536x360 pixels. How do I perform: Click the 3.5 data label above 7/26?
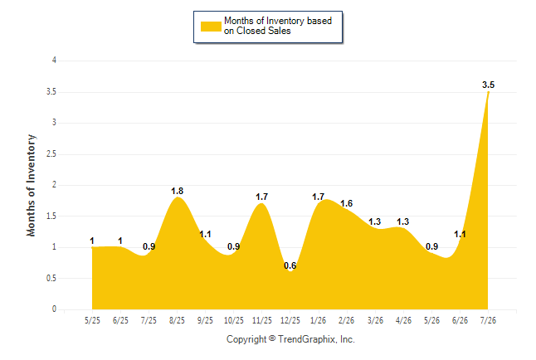tap(488, 85)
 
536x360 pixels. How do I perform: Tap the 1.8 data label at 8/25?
tap(177, 191)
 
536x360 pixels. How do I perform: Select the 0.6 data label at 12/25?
tap(290, 265)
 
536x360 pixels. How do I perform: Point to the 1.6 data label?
tap(346, 203)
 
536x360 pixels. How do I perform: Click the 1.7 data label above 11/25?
tap(262, 197)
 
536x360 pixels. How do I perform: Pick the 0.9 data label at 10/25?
tap(233, 246)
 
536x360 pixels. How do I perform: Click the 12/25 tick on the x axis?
tap(290, 320)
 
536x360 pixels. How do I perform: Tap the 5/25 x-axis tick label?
tap(92, 320)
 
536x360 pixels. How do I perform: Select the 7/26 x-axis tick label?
tap(488, 320)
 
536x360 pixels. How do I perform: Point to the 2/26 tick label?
tap(346, 320)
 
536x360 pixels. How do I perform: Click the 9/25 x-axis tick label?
tap(205, 320)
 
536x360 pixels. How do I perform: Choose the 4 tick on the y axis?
tap(54, 61)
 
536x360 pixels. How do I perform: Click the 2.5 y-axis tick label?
tap(51, 153)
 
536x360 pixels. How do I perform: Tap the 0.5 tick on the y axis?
tap(51, 278)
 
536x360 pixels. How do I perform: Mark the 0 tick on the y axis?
tap(54, 309)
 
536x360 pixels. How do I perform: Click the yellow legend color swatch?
tap(211, 27)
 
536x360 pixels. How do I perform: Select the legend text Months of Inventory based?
tap(278, 21)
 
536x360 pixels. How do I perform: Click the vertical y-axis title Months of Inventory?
tap(31, 185)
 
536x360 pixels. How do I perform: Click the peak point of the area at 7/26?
tap(488, 92)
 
